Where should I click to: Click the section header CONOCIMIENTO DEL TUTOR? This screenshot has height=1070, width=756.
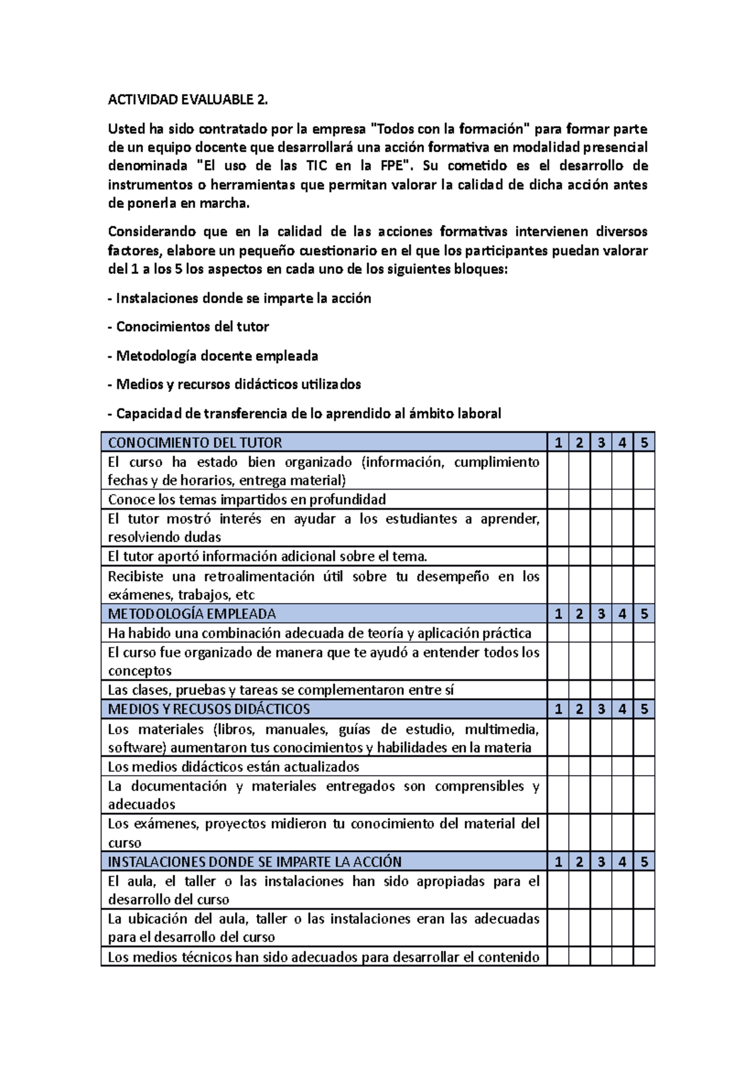[x=195, y=442]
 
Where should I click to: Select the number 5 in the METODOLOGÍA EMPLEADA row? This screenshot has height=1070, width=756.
[x=644, y=614]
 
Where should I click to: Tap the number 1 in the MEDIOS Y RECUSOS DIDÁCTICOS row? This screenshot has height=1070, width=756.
[x=558, y=709]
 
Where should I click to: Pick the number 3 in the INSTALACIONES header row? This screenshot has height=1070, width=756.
[x=601, y=861]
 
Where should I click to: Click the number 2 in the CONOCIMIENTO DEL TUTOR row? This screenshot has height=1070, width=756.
[x=579, y=442]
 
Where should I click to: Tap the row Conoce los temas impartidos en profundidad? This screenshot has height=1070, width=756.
[x=247, y=500]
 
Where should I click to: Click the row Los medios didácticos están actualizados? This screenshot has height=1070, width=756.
[x=233, y=767]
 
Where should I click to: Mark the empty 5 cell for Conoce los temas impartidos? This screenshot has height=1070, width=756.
[x=644, y=500]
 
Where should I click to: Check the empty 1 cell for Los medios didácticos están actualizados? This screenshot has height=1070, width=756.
[x=558, y=767]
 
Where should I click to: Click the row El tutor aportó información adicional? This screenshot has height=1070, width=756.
[x=268, y=556]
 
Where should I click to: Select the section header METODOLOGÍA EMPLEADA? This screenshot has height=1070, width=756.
[x=192, y=614]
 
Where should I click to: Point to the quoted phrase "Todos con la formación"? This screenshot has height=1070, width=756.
[x=449, y=129]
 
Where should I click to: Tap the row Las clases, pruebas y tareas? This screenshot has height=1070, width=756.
[x=280, y=690]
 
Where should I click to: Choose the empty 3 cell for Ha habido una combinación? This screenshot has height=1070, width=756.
[x=601, y=633]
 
